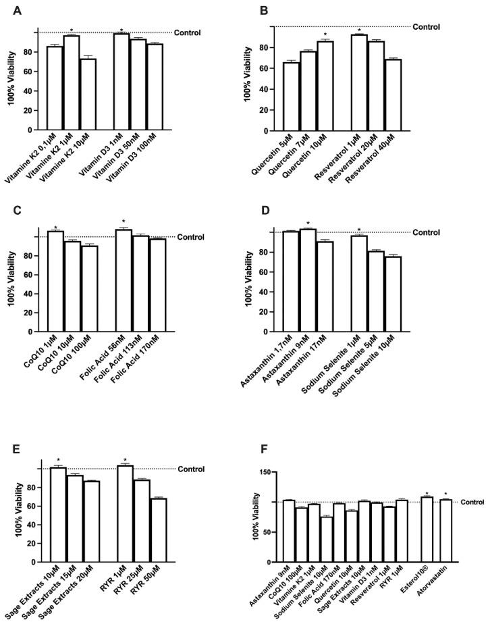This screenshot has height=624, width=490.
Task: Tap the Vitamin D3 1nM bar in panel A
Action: point(122,82)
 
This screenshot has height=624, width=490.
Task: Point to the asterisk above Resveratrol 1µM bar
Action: point(359,30)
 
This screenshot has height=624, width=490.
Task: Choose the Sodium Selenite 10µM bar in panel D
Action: point(393,294)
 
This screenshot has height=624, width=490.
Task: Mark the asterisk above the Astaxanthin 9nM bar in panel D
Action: point(308,224)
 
